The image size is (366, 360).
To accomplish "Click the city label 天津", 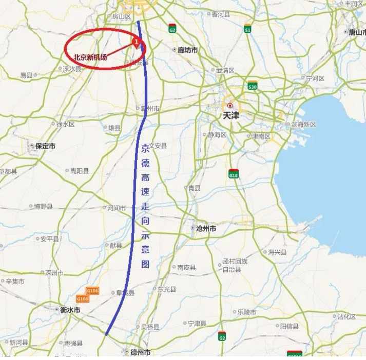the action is click(x=231, y=115).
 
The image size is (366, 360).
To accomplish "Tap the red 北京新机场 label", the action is click(x=90, y=57).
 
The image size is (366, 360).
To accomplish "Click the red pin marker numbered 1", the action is click(x=136, y=41).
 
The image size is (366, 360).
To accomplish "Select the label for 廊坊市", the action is click(x=187, y=50).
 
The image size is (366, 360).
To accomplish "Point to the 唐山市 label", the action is click(x=357, y=32).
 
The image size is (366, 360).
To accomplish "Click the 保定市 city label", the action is click(x=45, y=146).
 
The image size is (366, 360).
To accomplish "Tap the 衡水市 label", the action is click(x=70, y=310).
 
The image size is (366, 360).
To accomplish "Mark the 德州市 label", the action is click(x=140, y=352).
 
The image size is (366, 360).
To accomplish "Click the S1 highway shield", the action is click(x=247, y=29).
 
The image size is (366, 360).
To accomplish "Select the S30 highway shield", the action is click(x=252, y=86).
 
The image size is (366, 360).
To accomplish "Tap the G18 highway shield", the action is click(x=234, y=174).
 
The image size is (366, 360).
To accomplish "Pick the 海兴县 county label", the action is click(x=277, y=252).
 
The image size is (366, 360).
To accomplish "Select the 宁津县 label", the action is click(x=197, y=324).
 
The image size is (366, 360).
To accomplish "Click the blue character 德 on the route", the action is click(x=145, y=164).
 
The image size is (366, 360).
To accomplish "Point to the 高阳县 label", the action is click(x=80, y=171).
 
